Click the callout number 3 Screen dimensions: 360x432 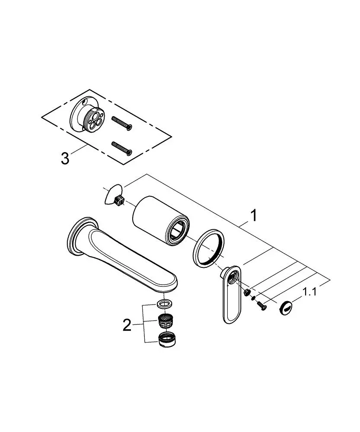[x=65, y=159]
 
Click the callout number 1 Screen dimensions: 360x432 [x=254, y=215]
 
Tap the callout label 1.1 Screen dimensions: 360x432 [x=310, y=292]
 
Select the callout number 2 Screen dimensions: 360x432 [x=127, y=325]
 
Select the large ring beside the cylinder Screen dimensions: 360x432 [x=208, y=248]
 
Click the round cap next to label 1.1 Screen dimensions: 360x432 [x=286, y=308]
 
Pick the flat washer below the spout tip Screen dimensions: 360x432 [x=165, y=304]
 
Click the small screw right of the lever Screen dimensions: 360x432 [x=261, y=306]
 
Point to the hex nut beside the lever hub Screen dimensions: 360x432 [x=247, y=292]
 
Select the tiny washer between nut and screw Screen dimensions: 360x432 [x=253, y=299]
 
